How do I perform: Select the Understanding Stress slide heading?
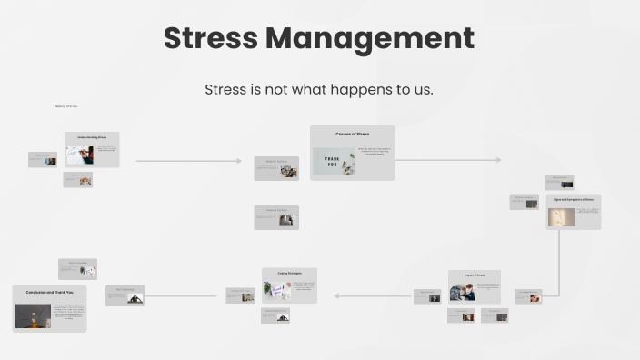click(x=92, y=137)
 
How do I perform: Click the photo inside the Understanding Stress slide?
click(x=79, y=155)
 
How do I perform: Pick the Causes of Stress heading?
click(x=352, y=134)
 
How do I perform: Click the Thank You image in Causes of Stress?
click(x=334, y=162)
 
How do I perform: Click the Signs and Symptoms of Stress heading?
click(x=574, y=199)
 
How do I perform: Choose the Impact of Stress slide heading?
click(x=474, y=275)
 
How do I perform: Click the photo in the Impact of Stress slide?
click(x=463, y=292)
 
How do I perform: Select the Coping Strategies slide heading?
click(x=289, y=273)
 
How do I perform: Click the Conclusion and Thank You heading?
click(x=49, y=292)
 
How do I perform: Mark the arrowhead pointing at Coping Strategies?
click(x=336, y=295)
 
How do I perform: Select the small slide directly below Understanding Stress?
click(x=77, y=180)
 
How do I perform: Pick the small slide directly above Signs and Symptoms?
click(x=559, y=182)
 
